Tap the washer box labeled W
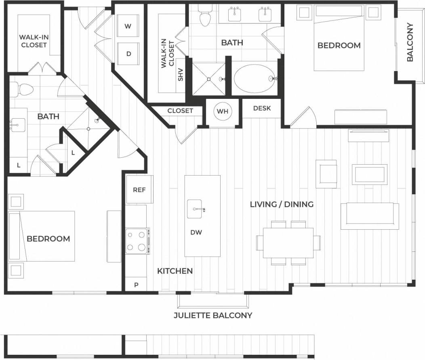click(128, 27)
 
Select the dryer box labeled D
click(128, 54)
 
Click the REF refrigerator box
click(139, 189)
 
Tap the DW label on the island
click(196, 232)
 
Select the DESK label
click(262, 108)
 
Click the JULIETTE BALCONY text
click(213, 315)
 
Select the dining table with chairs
click(288, 243)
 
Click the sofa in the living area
click(370, 216)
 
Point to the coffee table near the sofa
click(370, 174)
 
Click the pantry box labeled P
click(136, 285)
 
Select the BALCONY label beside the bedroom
click(410, 42)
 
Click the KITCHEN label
click(175, 271)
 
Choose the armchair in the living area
click(327, 174)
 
